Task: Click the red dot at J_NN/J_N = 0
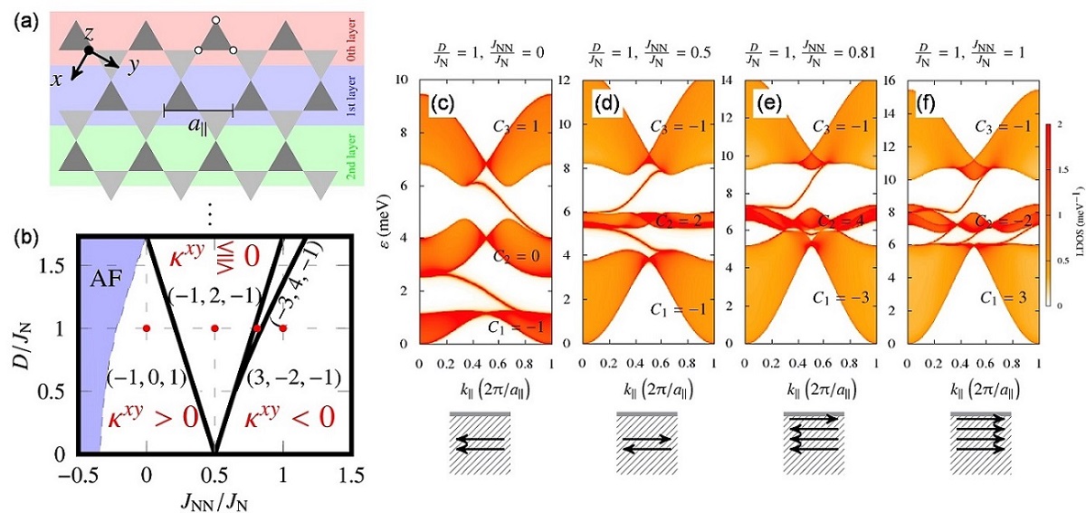point(147,328)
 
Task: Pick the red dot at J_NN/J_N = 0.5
point(214,328)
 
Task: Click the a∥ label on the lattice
point(198,126)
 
